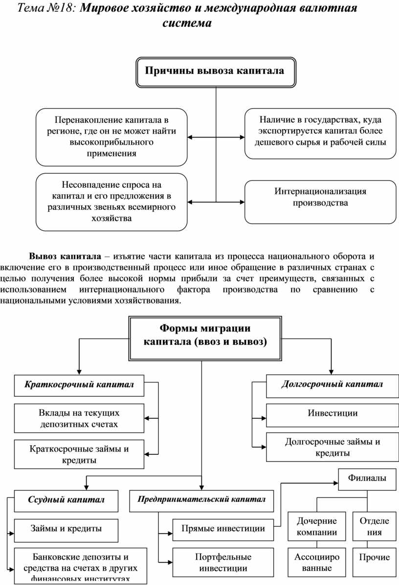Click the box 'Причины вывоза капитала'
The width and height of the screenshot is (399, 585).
point(216,71)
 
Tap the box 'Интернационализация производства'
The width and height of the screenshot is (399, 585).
point(320,202)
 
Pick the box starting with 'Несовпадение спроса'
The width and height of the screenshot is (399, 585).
point(111,202)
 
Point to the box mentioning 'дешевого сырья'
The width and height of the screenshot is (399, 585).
point(320,133)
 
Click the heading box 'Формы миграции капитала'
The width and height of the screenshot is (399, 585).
point(205,337)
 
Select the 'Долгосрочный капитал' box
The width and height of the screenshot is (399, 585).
point(332,385)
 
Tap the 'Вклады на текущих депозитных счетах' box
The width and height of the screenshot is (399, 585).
point(79,418)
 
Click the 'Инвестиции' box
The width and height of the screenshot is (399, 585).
point(332,414)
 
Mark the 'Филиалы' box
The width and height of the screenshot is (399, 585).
point(367,478)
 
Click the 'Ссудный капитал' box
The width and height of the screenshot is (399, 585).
point(66,500)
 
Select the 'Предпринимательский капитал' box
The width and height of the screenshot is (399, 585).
point(201,499)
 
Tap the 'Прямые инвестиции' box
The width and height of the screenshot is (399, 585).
point(223,529)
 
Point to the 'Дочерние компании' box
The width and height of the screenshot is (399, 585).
point(317,527)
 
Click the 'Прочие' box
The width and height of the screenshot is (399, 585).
point(375,558)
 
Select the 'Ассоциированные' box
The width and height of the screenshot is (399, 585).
point(317,562)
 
